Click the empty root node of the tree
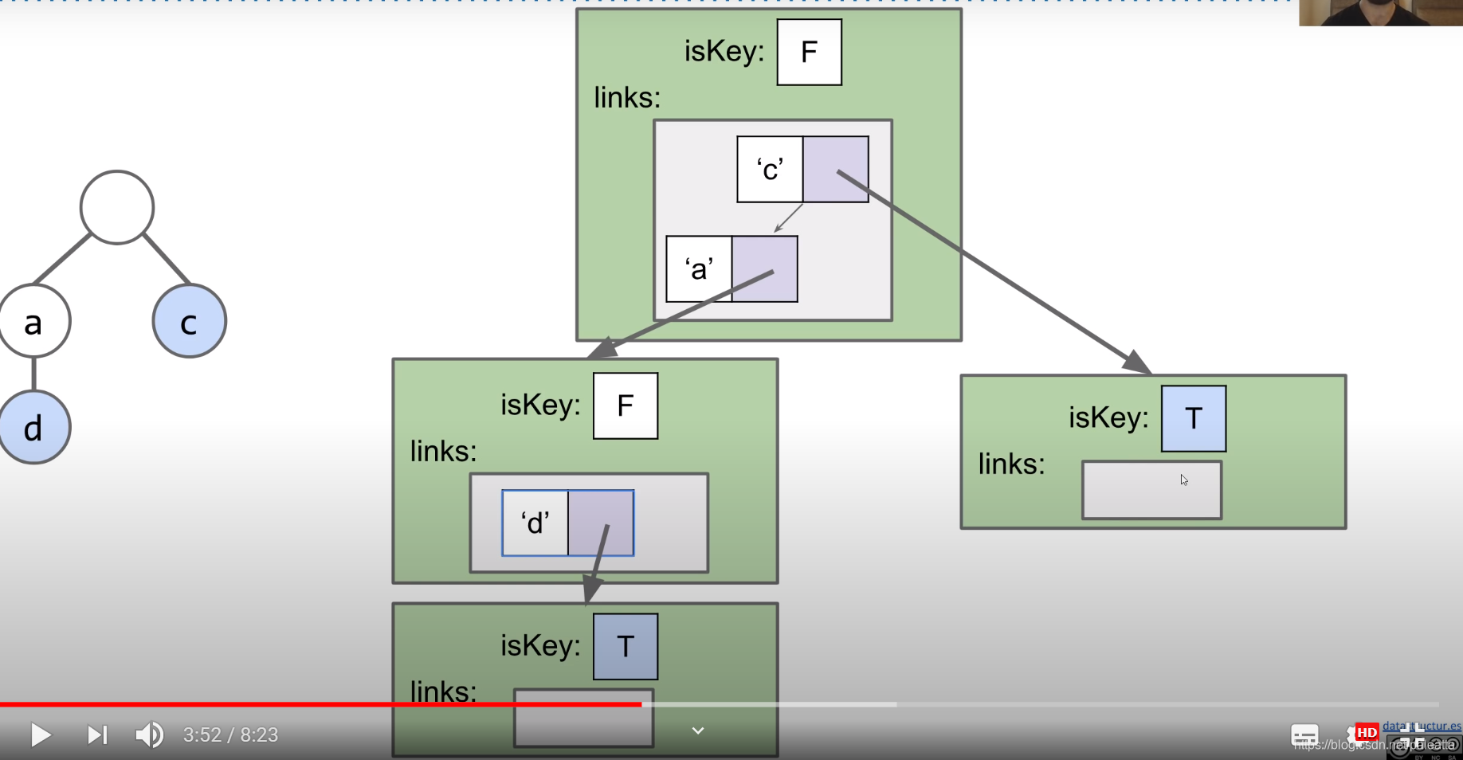(x=117, y=207)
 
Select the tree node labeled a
(x=34, y=321)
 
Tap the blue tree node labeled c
(x=190, y=321)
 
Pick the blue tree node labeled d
(x=34, y=428)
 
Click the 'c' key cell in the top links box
(x=770, y=170)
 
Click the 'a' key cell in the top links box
(x=699, y=269)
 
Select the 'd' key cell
(x=535, y=523)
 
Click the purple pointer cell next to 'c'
(x=836, y=170)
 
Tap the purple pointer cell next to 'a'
(x=765, y=269)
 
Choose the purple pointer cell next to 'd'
(x=601, y=523)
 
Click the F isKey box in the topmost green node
(x=809, y=53)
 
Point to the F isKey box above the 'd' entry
(x=626, y=406)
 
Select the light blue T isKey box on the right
(x=1194, y=419)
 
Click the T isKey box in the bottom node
(x=626, y=647)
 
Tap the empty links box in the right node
(x=1151, y=491)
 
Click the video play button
(x=40, y=735)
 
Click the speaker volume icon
(x=149, y=735)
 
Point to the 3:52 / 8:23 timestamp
(x=230, y=735)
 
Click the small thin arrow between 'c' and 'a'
(x=789, y=218)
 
